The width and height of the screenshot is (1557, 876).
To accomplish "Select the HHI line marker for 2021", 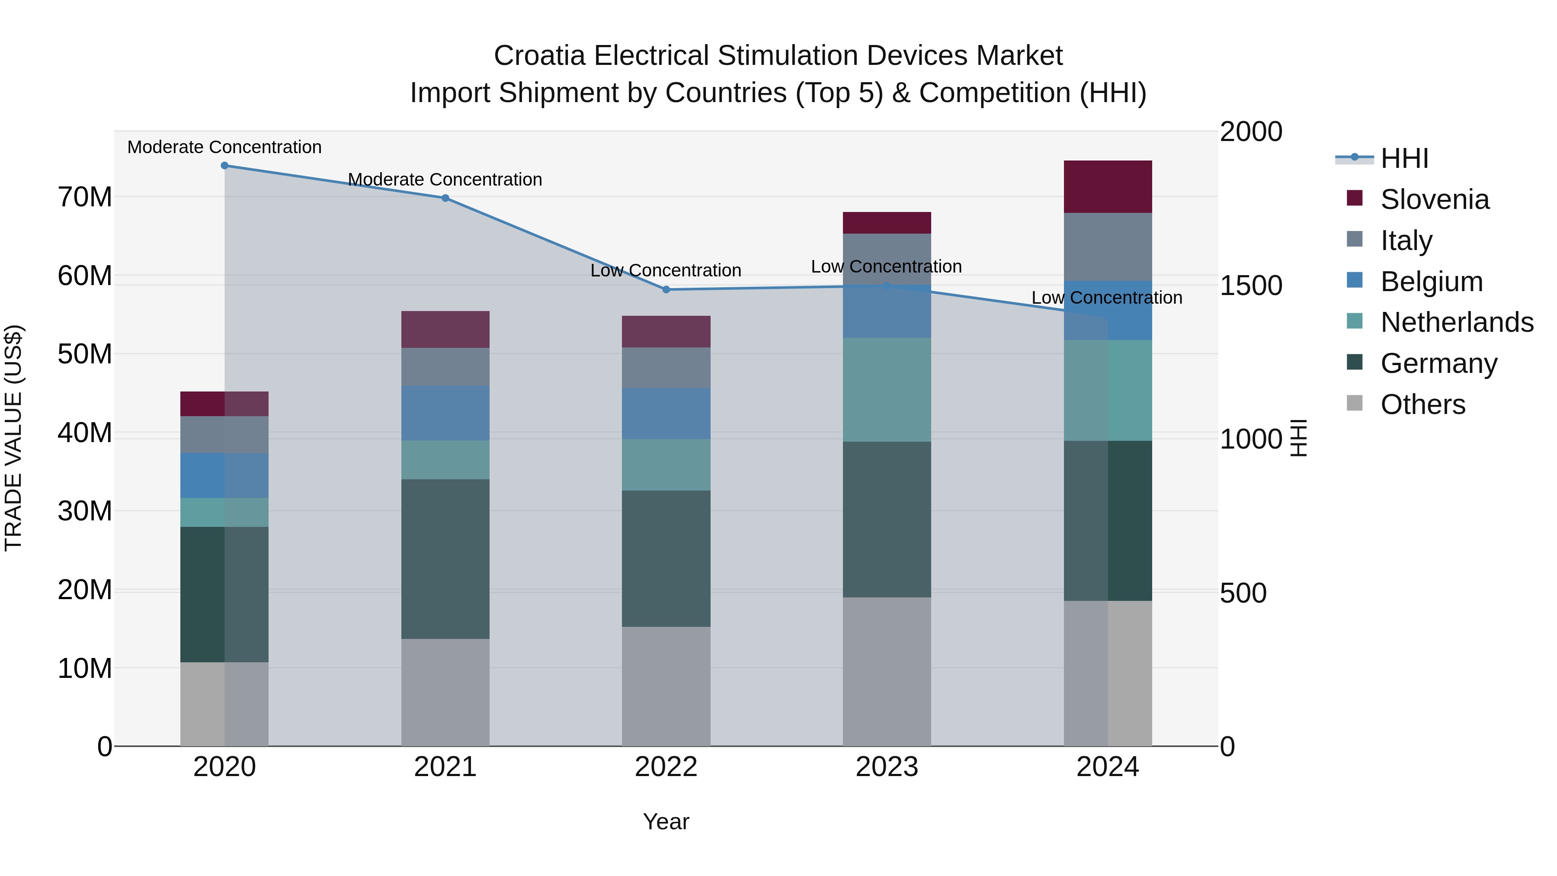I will tap(445, 198).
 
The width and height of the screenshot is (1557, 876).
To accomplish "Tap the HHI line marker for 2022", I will tap(666, 289).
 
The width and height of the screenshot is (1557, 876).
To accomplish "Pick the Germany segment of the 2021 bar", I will tap(445, 559).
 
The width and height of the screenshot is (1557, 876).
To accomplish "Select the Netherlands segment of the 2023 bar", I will tap(887, 390).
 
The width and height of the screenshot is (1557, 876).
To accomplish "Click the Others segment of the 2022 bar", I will tap(666, 686).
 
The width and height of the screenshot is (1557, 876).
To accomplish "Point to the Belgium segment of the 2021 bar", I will tap(445, 414).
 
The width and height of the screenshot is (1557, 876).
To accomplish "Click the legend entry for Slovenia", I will tap(1434, 199).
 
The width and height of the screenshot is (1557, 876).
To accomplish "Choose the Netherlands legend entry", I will tap(1457, 322).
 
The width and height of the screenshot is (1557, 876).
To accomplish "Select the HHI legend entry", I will tap(1404, 158).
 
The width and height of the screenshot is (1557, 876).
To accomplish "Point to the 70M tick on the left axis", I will tap(85, 197).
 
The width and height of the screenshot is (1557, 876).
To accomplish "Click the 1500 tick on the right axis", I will tap(1250, 286).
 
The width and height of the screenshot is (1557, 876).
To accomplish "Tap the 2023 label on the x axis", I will tap(887, 767).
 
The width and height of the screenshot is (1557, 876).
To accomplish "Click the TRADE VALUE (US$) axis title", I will tap(13, 438).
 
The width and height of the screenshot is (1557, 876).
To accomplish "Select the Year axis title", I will tap(666, 821).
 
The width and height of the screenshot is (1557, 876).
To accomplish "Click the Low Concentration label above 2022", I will tap(666, 270).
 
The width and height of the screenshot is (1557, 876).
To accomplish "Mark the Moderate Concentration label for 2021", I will tap(445, 180).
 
